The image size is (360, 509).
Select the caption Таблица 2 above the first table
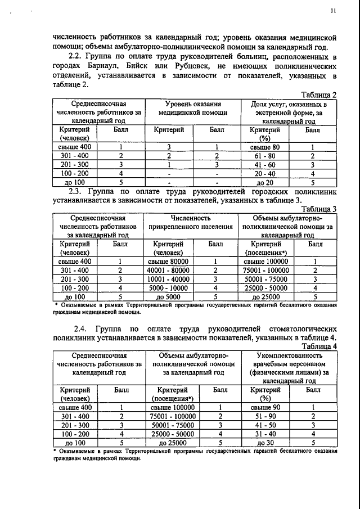(318, 94)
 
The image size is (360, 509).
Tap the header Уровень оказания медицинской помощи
(193, 109)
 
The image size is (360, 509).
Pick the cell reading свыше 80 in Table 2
(264, 147)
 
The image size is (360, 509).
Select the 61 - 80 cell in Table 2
(264, 156)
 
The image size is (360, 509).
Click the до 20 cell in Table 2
(264, 183)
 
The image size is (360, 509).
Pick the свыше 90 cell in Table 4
(264, 407)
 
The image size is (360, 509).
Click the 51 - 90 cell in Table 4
(264, 416)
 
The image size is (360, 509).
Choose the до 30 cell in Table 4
(264, 443)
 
